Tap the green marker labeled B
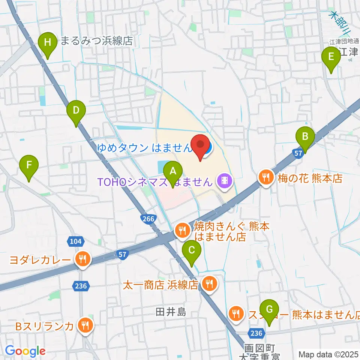coord(305,137)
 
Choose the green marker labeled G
coord(269,310)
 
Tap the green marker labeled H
coord(48,42)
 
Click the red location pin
coord(201,144)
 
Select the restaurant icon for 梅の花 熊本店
coord(266,177)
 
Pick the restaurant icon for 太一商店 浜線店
coord(208,284)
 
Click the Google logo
coord(25,351)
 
